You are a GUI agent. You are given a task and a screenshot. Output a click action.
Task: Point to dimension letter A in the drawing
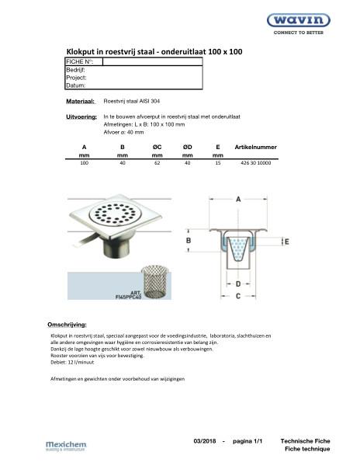coord(237,200)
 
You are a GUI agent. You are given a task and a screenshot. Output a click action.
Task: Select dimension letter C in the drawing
coord(237,296)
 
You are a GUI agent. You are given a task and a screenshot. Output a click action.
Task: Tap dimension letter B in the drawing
coord(189,242)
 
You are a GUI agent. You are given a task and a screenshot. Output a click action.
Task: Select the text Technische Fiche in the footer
coord(309,440)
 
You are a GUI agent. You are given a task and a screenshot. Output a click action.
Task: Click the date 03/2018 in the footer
coord(206,440)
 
